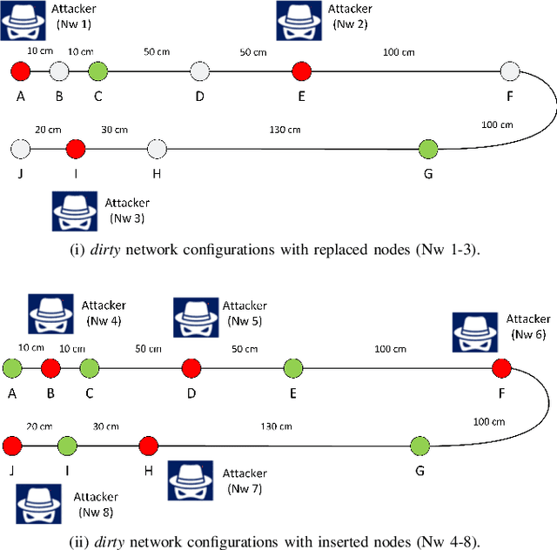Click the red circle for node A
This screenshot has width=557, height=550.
pos(21,70)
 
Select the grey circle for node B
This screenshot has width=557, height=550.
pos(59,70)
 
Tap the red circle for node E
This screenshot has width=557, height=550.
pos(301,70)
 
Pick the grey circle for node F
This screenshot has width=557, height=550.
pos(510,70)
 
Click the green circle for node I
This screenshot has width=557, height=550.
pos(68,446)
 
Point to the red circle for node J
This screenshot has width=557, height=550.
pos(12,446)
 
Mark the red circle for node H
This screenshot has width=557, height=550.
pos(148,446)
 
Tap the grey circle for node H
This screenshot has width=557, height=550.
pos(156,150)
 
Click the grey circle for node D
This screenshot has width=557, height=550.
pos(199,70)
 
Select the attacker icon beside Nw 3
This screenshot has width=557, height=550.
pos(74,211)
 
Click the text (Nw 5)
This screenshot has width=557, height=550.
pos(244,319)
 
